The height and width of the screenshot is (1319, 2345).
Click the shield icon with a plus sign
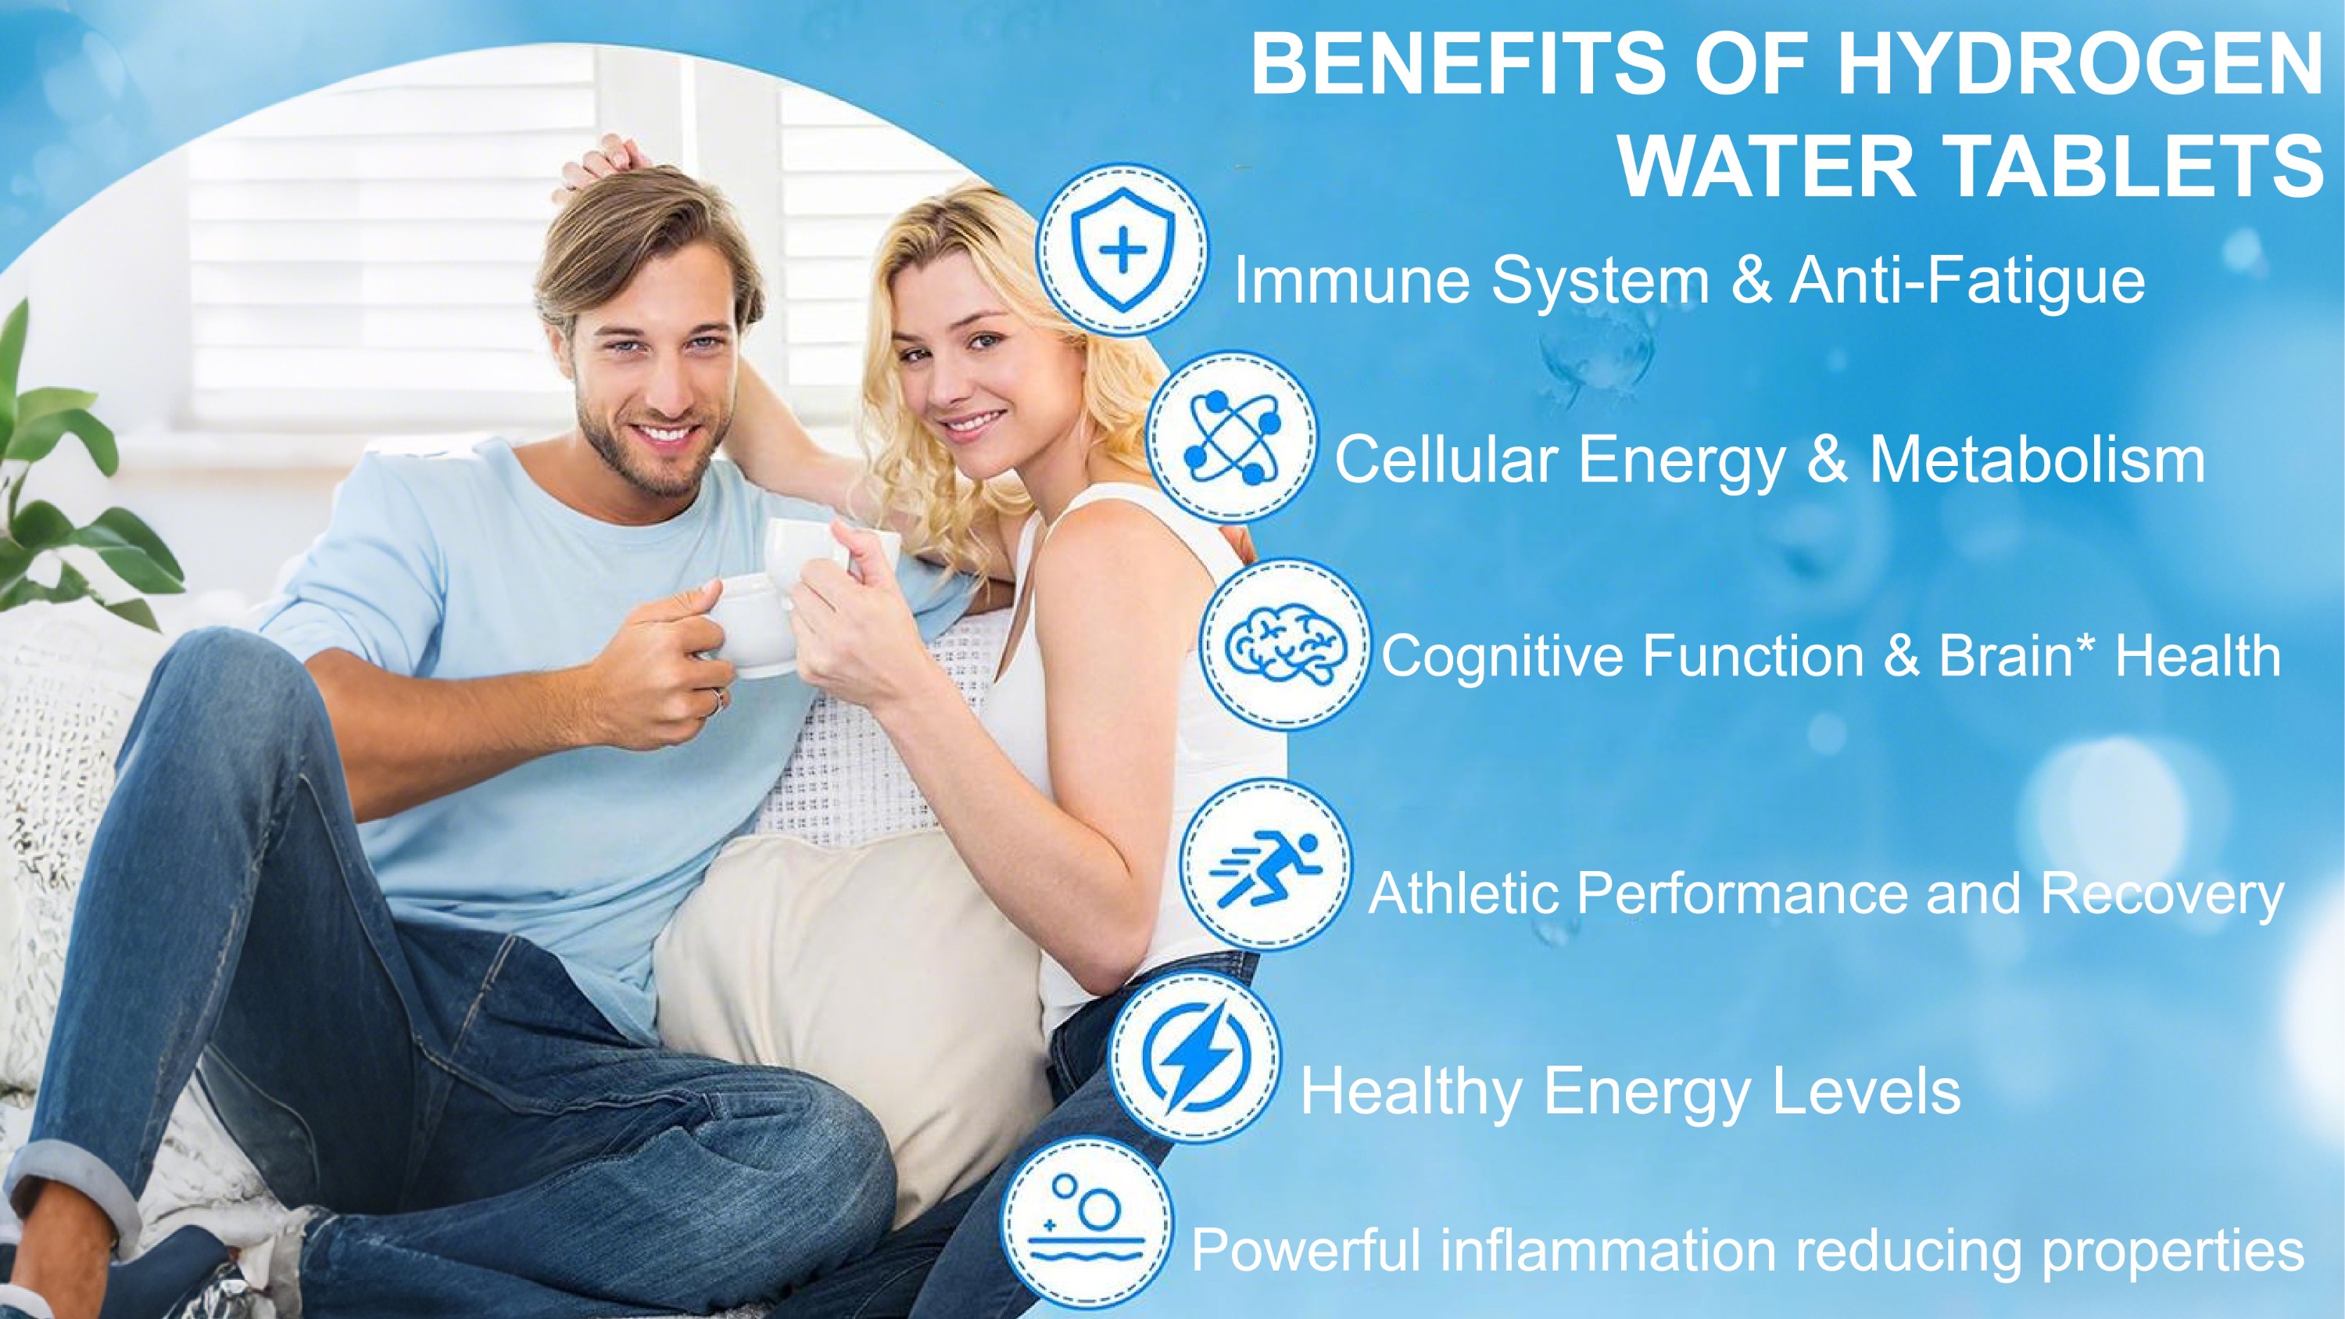pos(1122,249)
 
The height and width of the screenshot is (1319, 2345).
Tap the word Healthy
pos(1411,1091)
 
